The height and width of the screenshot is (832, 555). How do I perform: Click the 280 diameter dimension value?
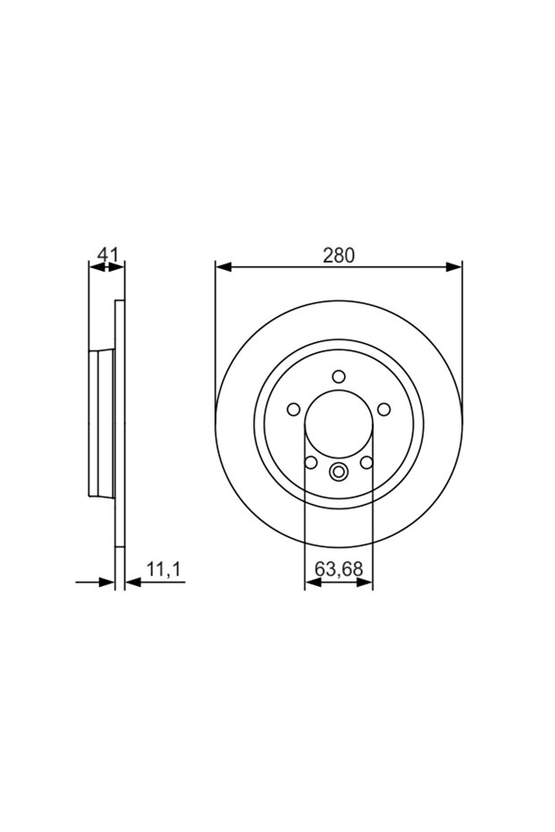coord(339,256)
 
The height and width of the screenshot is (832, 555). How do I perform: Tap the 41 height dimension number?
coord(107,255)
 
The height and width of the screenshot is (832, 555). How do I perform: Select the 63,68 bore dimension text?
coord(339,568)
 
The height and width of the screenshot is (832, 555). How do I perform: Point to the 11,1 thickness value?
coord(164,569)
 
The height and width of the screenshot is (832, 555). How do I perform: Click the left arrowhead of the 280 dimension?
coord(223,267)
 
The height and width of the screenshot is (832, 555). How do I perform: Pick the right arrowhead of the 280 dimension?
coord(454,267)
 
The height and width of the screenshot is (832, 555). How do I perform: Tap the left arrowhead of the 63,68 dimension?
coord(313,583)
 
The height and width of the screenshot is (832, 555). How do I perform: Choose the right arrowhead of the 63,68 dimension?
coord(365,583)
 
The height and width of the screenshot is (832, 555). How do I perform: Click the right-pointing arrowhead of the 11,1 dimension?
coord(106,583)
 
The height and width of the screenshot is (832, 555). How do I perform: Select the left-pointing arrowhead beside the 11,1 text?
coord(132,583)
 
